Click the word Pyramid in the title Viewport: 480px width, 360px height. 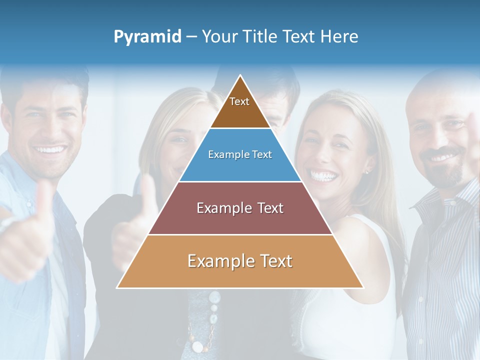point(147,37)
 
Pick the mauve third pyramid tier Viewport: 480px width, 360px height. point(240,208)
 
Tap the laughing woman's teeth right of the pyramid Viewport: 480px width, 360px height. point(323,175)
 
